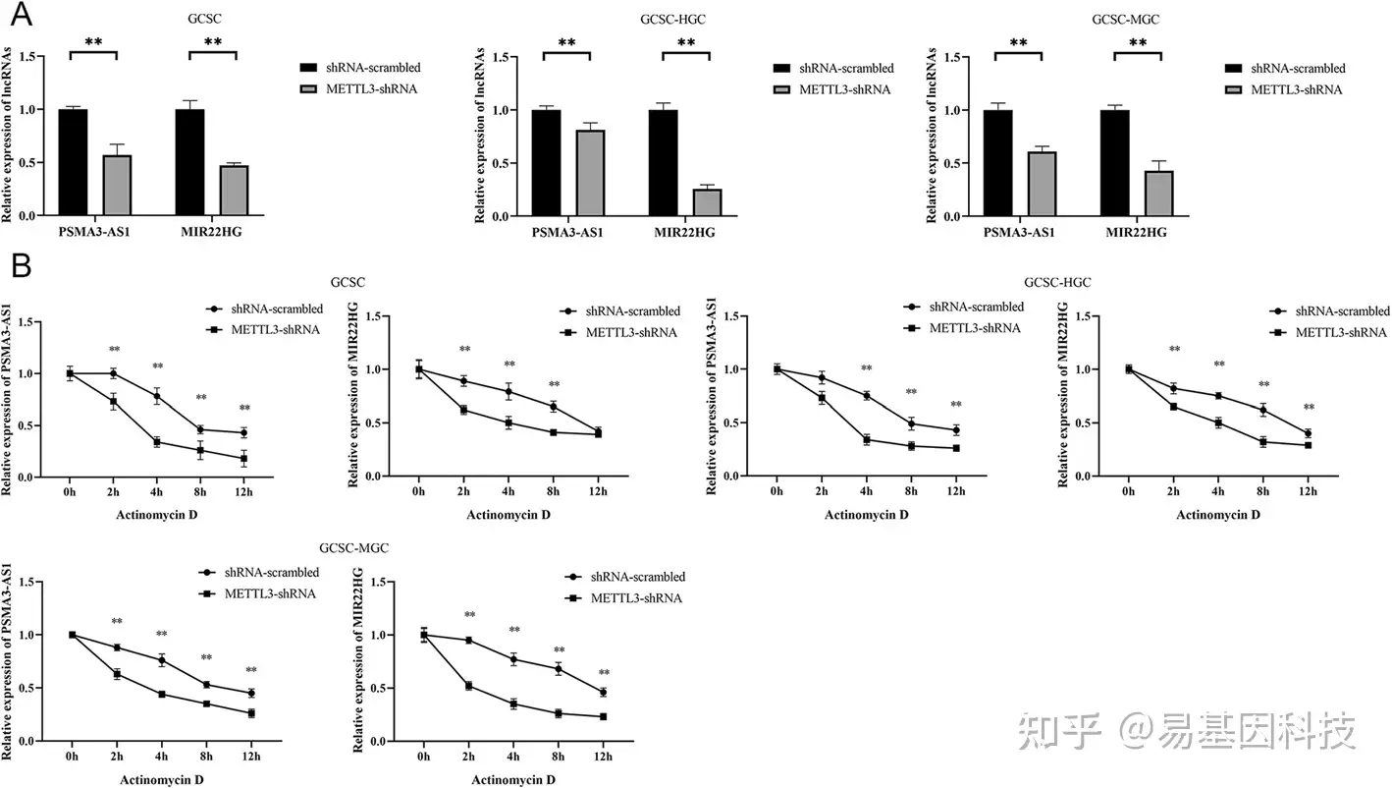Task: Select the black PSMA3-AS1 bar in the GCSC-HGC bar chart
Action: (x=546, y=162)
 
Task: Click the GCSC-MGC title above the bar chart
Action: (x=1117, y=18)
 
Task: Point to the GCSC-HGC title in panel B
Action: (x=1056, y=283)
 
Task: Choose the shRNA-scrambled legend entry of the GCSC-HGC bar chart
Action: (x=846, y=69)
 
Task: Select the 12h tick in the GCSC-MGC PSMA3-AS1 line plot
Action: (x=250, y=756)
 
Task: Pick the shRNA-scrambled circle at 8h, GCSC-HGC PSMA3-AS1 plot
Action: (x=911, y=423)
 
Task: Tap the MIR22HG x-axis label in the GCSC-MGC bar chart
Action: (x=1136, y=233)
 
